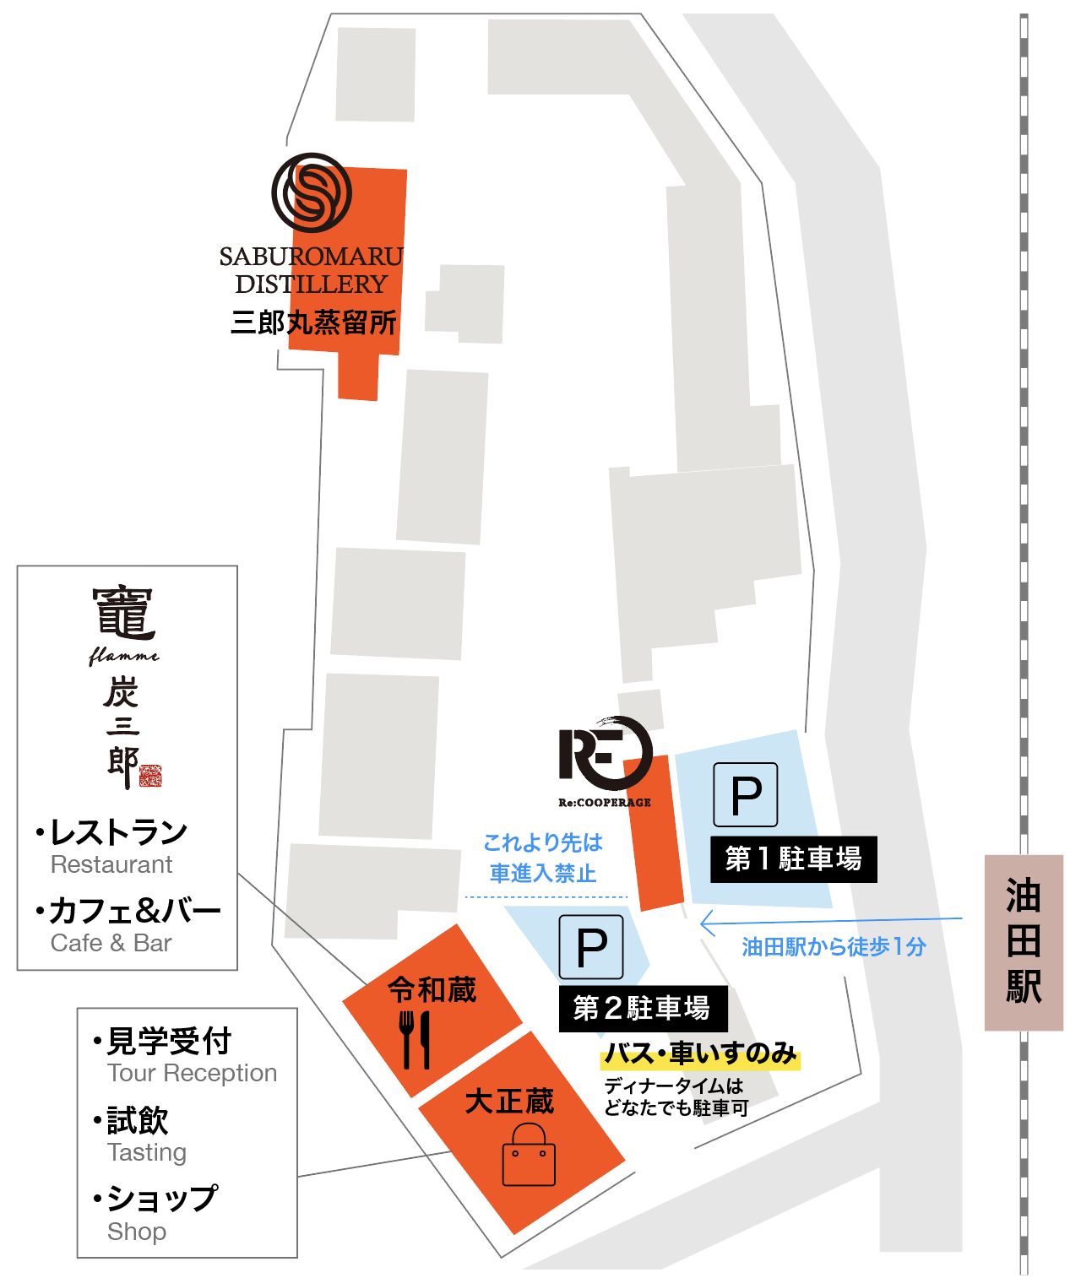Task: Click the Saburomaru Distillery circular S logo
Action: coord(312,192)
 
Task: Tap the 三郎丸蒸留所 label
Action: coord(313,322)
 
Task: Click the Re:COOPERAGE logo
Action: coord(606,754)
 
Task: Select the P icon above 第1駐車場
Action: coord(746,794)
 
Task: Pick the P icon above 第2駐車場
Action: coord(591,946)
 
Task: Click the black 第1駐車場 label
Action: coord(793,859)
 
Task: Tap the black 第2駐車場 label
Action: coord(643,1008)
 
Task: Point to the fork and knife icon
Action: coord(415,1039)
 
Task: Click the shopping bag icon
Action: coord(529,1156)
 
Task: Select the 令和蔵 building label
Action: coord(432,989)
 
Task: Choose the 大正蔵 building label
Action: coord(509,1101)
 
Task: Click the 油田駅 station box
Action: coord(1024,942)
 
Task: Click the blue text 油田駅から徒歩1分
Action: coord(834,947)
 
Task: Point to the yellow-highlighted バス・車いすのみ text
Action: coord(700,1053)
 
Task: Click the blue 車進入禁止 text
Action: coord(543,873)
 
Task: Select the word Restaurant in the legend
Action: coord(111,864)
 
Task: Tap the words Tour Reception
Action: coord(192,1073)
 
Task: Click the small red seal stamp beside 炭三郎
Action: coord(150,776)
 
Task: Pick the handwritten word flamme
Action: coord(123,655)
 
